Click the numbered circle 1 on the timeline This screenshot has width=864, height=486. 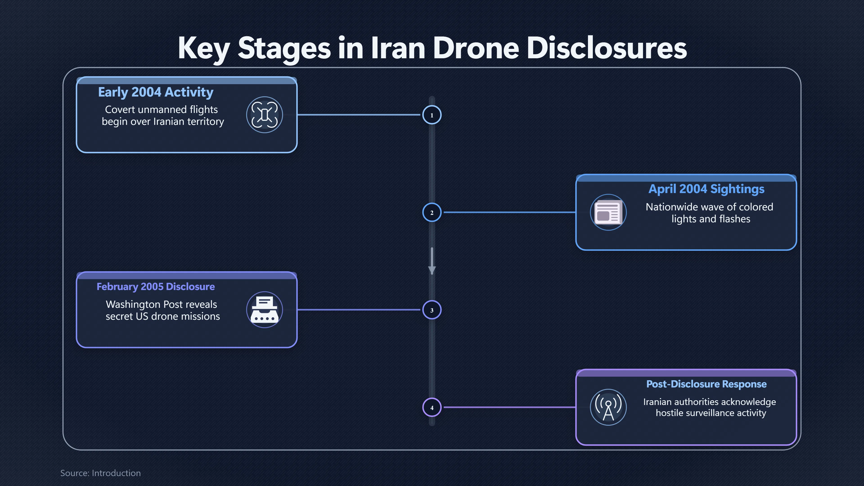[432, 115]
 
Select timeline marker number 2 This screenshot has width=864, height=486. [432, 212]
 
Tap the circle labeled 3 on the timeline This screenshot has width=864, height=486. [432, 310]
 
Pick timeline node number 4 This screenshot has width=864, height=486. [432, 407]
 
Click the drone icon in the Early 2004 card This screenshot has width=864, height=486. [265, 115]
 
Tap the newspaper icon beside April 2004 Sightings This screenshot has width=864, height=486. [608, 212]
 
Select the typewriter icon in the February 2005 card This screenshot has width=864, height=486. [265, 310]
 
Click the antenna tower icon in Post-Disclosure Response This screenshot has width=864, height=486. [608, 407]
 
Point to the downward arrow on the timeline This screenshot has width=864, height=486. [432, 261]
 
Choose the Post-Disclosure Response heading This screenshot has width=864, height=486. [706, 384]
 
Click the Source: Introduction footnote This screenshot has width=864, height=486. [101, 473]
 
